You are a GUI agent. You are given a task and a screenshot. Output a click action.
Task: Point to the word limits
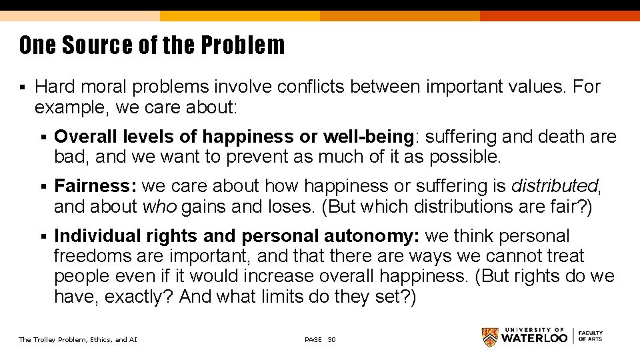tap(285, 296)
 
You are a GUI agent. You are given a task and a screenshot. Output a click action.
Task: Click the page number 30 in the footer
tap(331, 340)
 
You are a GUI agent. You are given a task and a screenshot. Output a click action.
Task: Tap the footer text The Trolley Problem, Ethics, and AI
tap(78, 340)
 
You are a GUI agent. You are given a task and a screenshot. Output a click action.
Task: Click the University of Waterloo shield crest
tap(490, 337)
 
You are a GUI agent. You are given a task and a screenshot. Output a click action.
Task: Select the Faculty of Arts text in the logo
tap(590, 336)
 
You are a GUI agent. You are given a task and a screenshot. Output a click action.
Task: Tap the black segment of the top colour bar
tap(560, 5)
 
